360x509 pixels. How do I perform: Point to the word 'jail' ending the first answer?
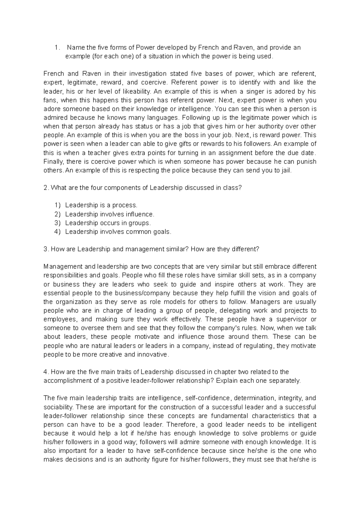pos(286,170)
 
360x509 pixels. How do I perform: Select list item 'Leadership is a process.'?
pos(101,205)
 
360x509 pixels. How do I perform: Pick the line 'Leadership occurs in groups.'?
pos(108,223)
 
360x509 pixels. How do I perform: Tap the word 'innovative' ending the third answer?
pos(153,354)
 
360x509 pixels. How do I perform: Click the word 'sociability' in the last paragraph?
pos(58,407)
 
